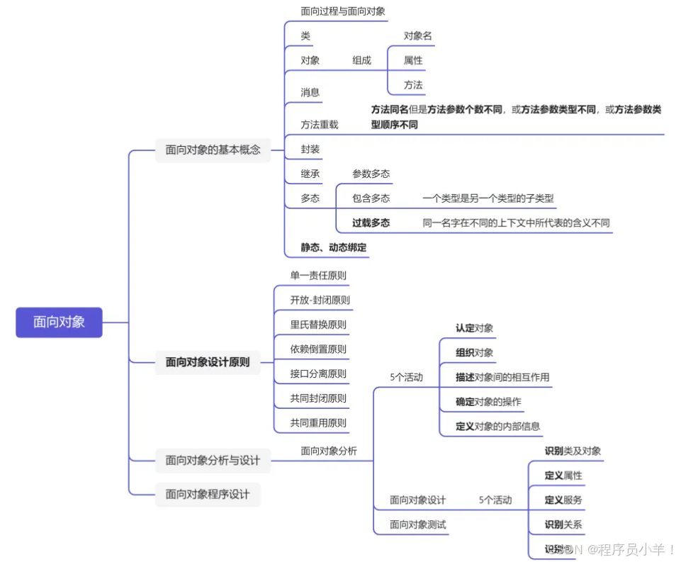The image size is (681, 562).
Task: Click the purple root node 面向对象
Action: tap(59, 322)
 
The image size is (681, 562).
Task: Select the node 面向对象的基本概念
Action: tap(213, 150)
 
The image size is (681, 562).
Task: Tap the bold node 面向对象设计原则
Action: tap(207, 362)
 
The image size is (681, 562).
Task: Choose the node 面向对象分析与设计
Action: tap(213, 460)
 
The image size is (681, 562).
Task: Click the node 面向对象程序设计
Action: tap(207, 494)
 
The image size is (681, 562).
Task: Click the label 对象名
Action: tap(417, 35)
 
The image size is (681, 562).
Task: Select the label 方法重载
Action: tap(319, 125)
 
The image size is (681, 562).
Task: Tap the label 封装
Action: tap(310, 150)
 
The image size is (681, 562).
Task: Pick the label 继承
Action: tap(310, 174)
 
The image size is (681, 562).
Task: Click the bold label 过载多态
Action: tap(371, 223)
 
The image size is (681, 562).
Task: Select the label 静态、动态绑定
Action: tap(333, 247)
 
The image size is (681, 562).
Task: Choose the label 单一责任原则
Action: tap(317, 275)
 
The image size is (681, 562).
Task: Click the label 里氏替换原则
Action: tap(317, 325)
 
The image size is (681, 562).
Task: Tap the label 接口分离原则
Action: tap(317, 373)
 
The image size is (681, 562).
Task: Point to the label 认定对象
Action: tap(474, 328)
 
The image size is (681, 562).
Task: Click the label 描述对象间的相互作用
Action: tap(502, 377)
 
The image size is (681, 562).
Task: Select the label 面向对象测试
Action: tap(417, 524)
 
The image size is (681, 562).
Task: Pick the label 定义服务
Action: tap(563, 500)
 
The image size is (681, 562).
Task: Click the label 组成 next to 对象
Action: tap(361, 60)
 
